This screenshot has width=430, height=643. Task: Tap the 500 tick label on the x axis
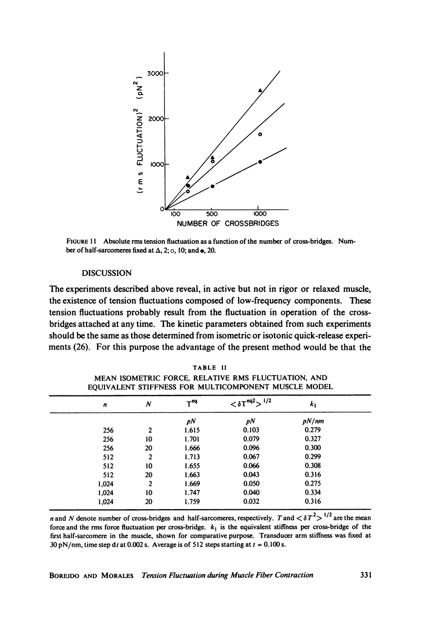[211, 214]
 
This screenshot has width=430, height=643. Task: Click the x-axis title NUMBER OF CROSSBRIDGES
[227, 224]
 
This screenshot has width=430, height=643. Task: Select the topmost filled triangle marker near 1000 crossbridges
[260, 91]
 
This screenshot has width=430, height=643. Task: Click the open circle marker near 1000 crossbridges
[260, 135]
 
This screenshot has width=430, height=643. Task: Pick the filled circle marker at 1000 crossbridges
[260, 162]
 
